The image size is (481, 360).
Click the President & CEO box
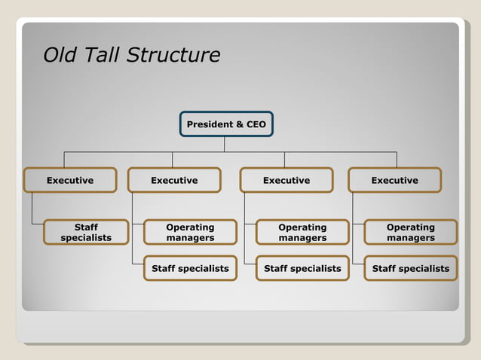point(226,124)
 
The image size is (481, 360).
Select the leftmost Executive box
point(70,180)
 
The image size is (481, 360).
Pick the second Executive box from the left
point(174,180)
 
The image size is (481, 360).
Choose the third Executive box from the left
point(286,180)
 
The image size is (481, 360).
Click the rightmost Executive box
point(394,180)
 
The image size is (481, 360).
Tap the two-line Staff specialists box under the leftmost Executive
point(86,232)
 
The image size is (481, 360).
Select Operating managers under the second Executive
point(190,232)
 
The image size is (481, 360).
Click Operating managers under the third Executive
point(302,232)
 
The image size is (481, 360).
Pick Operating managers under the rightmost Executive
point(411,232)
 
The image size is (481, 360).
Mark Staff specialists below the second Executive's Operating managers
point(190,268)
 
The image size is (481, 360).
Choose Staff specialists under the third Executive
point(302,268)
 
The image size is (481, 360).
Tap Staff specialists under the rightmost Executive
point(411,268)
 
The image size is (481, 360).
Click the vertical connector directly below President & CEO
point(225,144)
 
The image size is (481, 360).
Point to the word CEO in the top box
point(256,124)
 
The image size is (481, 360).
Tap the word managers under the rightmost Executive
point(411,238)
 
